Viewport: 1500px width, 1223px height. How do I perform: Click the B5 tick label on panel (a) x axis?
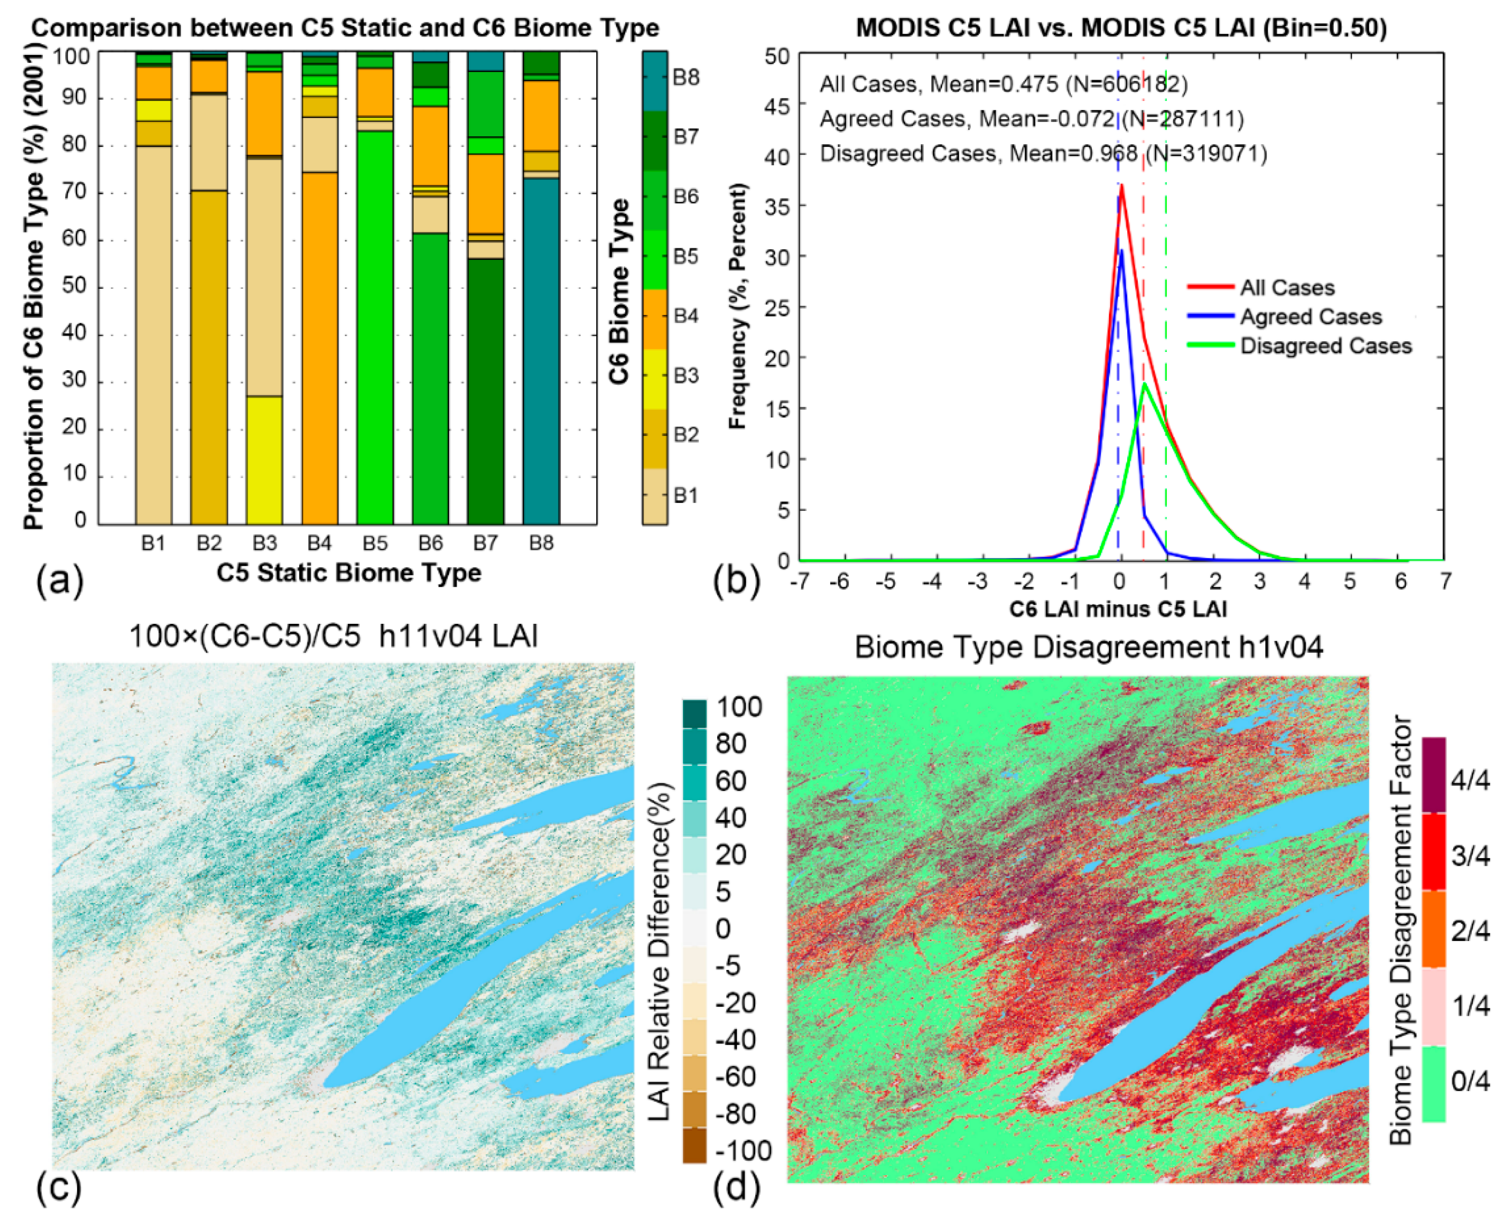(375, 543)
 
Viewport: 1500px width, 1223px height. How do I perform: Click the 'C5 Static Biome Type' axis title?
(348, 573)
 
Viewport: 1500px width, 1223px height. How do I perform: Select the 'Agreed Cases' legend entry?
(1310, 317)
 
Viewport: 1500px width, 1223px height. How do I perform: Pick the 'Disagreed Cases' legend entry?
(1325, 346)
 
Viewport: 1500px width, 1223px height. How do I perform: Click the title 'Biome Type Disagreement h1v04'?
(1089, 647)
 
